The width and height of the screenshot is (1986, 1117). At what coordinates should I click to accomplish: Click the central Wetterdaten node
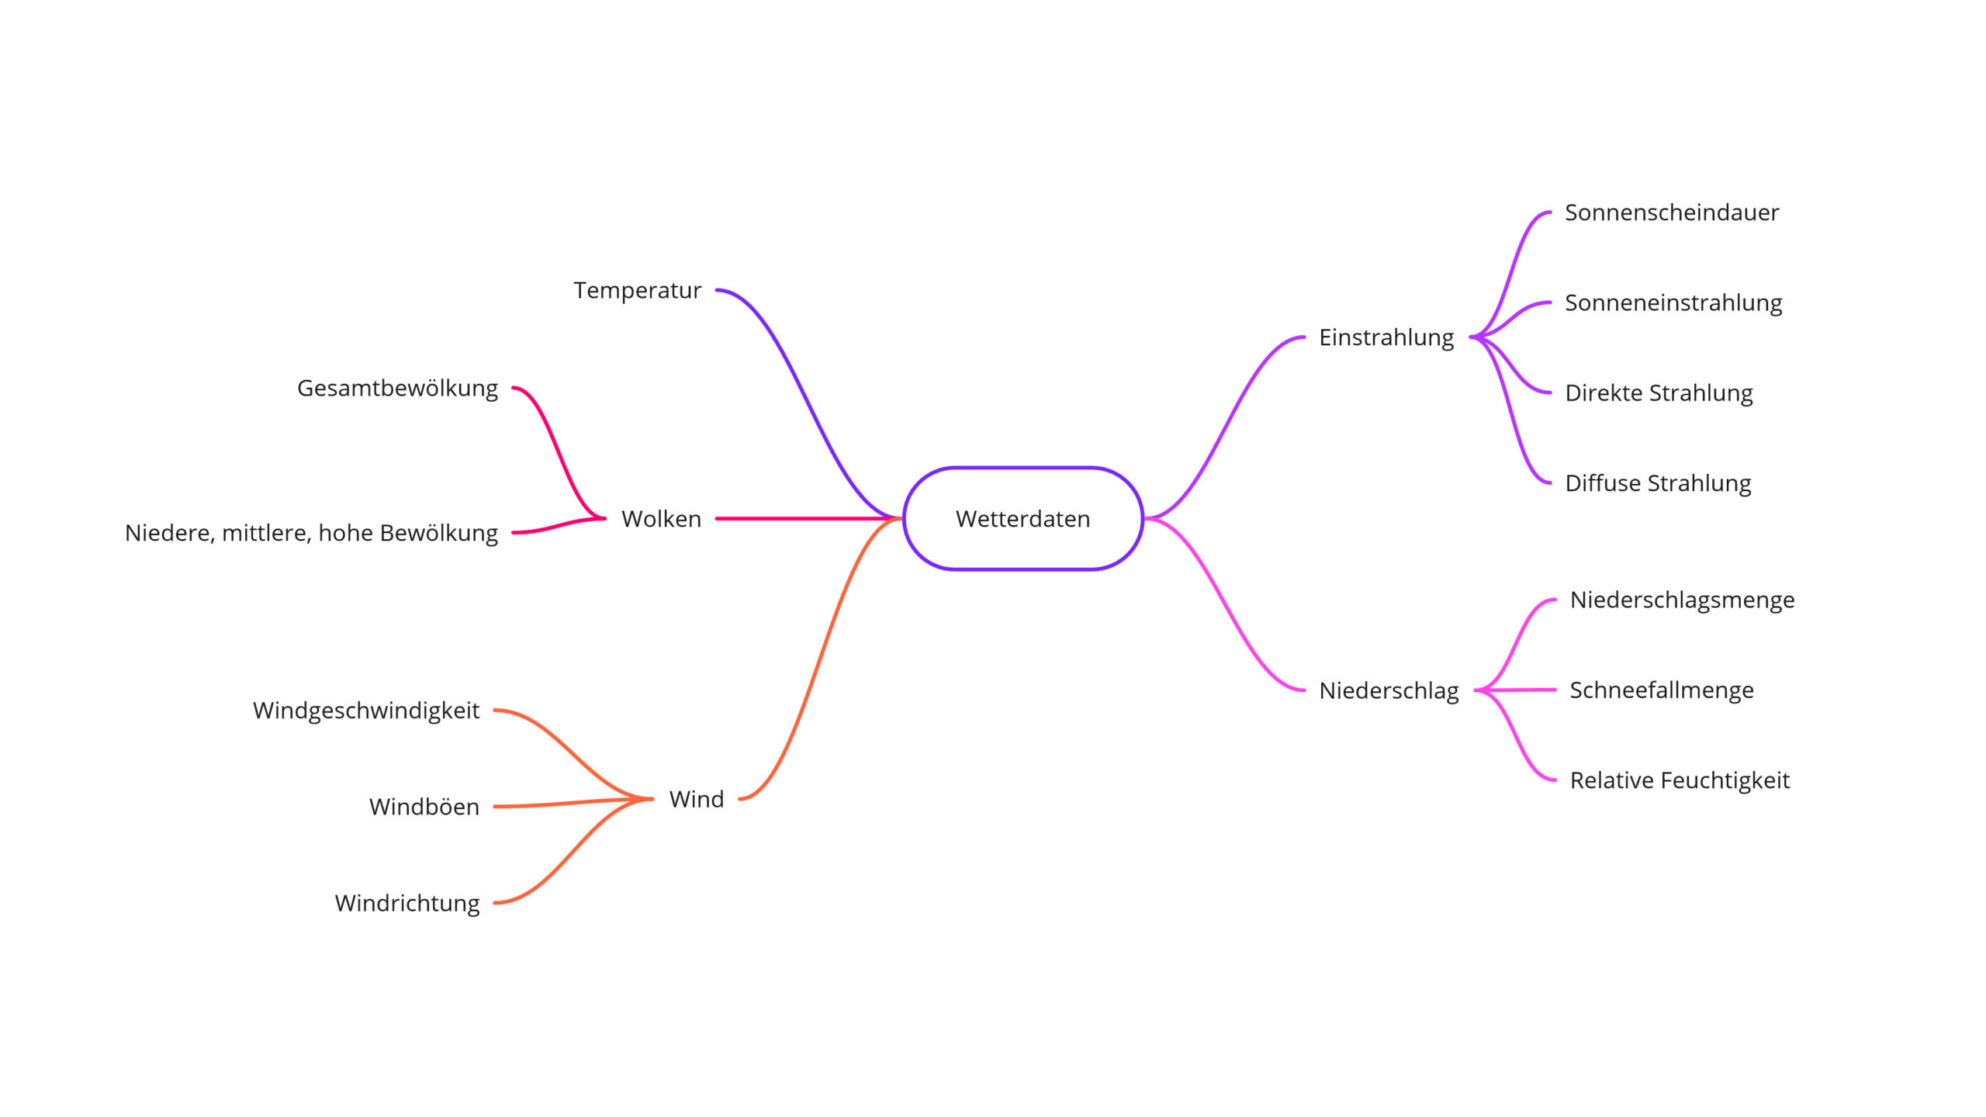(1022, 518)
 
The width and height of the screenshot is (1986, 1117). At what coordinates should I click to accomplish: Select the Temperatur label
(637, 290)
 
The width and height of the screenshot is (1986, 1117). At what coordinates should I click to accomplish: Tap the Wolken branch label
(661, 518)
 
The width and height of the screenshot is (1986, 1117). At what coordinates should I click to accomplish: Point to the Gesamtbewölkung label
(397, 388)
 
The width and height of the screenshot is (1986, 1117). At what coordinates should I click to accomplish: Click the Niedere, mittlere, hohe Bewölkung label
(311, 533)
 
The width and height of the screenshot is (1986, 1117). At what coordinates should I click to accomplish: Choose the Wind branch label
(696, 799)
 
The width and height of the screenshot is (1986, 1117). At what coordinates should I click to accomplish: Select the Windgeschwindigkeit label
(366, 711)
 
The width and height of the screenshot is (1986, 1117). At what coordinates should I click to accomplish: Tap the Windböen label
(424, 807)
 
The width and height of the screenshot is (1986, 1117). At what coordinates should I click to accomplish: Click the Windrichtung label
(407, 903)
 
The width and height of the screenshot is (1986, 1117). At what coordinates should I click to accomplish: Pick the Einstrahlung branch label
(1386, 337)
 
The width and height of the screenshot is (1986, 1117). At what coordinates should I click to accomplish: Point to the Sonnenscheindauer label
(1672, 213)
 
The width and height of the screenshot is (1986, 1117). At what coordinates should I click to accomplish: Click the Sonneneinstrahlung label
(1673, 303)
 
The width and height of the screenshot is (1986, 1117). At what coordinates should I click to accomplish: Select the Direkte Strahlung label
(1659, 393)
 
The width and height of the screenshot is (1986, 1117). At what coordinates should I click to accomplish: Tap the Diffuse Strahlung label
(1658, 483)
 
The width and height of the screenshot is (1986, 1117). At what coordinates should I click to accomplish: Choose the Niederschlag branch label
(1389, 690)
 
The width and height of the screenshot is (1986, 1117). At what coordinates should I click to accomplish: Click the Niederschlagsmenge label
(1682, 600)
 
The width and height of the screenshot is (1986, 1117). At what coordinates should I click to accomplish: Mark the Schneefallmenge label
(1662, 690)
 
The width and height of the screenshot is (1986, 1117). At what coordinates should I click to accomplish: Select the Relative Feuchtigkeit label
(1680, 780)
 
